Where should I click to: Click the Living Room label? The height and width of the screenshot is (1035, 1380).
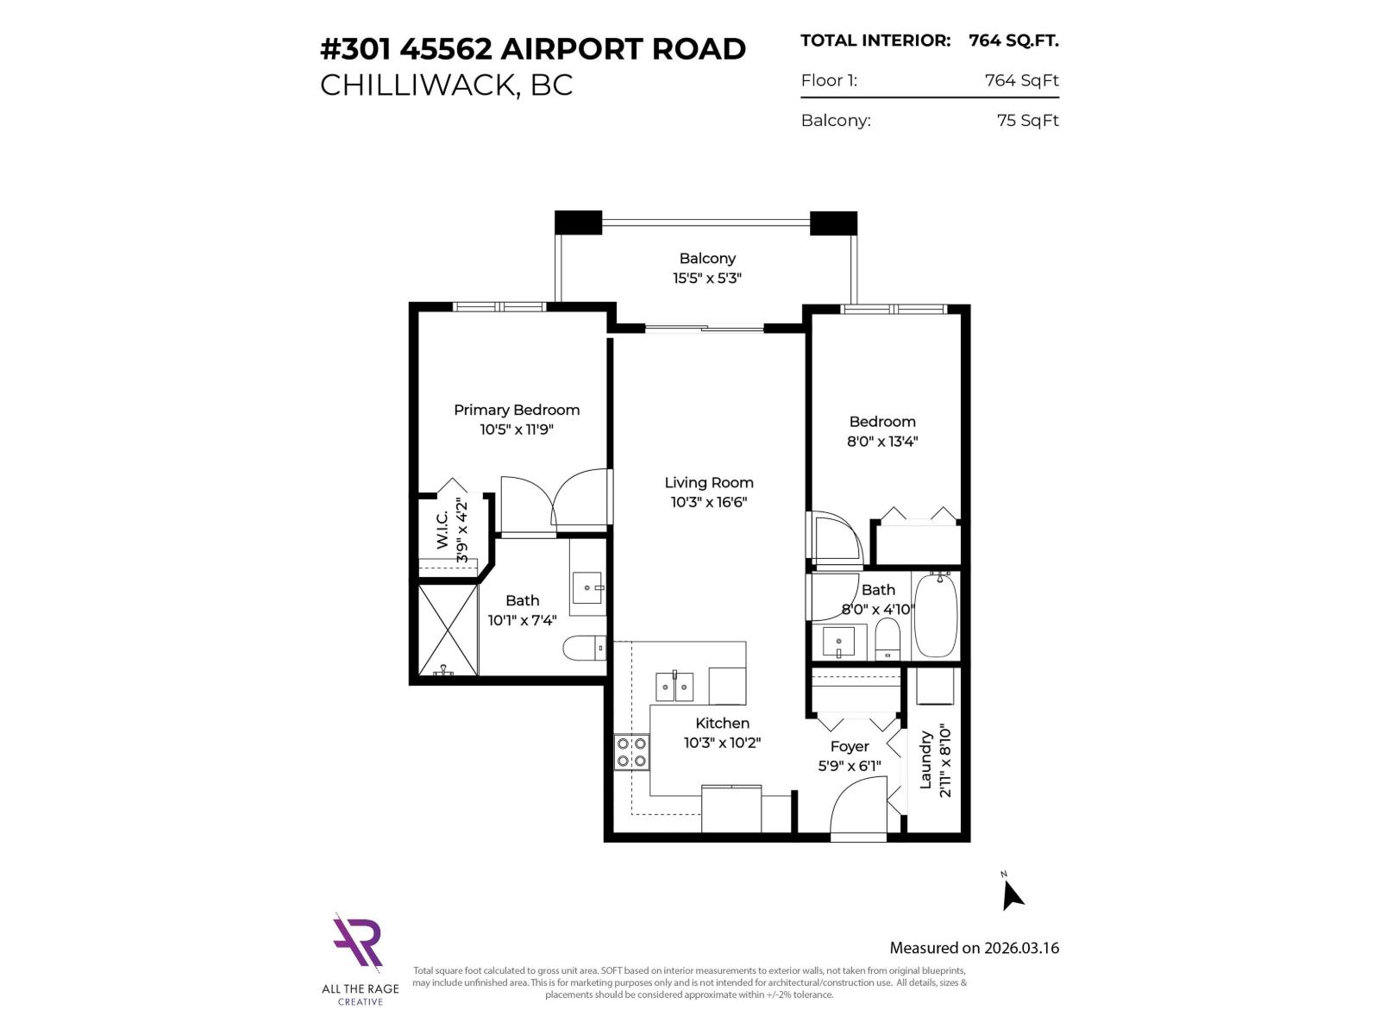[x=708, y=483]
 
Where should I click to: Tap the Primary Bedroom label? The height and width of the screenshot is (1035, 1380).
[x=517, y=410]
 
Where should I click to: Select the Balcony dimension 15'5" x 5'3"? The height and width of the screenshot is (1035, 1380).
[x=707, y=278]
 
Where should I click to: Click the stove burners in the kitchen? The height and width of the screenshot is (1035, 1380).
[x=631, y=752]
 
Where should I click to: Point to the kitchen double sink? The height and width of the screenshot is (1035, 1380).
[x=674, y=687]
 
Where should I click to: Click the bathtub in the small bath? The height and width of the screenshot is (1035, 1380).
[x=935, y=616]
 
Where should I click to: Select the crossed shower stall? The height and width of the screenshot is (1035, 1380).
[x=448, y=630]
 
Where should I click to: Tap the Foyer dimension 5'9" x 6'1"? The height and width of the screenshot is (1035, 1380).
[x=850, y=765]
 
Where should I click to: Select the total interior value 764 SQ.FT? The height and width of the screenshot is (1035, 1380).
[x=1013, y=41]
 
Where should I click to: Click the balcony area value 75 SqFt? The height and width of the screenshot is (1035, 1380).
[x=1027, y=121]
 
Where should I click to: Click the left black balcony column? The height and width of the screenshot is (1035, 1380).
[x=578, y=223]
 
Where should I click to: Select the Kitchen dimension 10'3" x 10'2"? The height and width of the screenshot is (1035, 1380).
[x=722, y=743]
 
